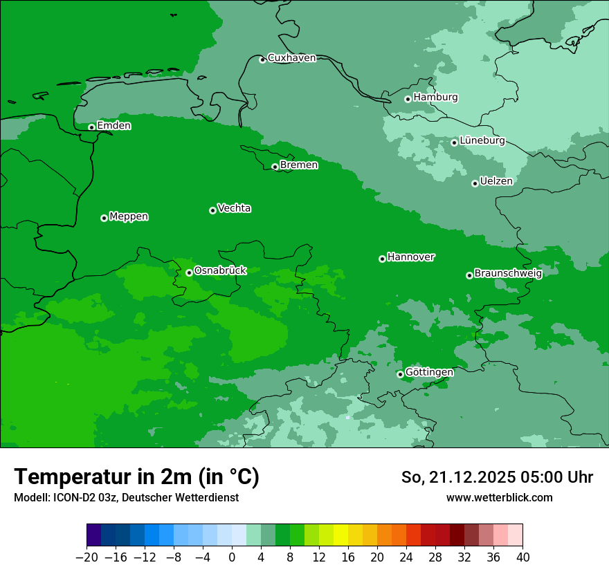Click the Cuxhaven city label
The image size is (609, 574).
point(291,58)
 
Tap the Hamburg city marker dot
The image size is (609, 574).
point(408,99)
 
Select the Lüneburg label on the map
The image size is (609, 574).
point(482,140)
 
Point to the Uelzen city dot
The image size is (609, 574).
point(475,183)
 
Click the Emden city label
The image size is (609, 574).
point(113,126)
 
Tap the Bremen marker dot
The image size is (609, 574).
point(275,167)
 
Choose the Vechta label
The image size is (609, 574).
point(234,208)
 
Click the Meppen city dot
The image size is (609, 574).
point(104,218)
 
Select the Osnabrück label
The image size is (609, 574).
point(220,270)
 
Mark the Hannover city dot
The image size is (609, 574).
point(382,259)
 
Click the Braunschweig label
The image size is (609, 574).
point(508,273)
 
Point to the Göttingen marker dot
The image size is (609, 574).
point(400,374)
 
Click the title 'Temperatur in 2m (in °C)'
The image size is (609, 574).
point(136,477)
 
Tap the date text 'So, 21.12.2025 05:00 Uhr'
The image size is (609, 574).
point(497,477)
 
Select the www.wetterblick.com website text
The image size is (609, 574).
point(499,497)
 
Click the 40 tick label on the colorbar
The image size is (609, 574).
point(522,557)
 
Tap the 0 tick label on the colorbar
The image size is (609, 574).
point(232,557)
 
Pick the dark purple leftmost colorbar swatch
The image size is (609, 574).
point(94,535)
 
